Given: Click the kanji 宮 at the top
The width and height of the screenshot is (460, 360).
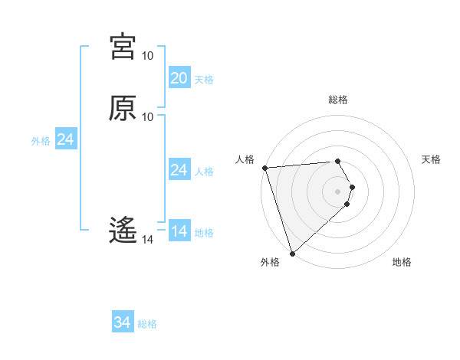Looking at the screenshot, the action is tap(123, 46).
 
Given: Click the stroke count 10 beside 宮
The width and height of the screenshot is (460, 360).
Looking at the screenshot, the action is tap(147, 56).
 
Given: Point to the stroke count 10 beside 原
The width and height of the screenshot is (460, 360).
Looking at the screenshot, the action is tap(147, 116).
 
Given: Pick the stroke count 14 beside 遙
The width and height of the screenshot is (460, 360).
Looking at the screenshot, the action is tap(147, 240).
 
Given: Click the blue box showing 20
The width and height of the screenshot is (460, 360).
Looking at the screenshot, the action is tap(179, 78).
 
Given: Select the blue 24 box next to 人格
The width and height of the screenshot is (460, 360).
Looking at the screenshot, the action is tap(179, 170).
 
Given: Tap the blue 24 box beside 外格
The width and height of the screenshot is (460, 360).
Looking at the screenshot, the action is tap(66, 140).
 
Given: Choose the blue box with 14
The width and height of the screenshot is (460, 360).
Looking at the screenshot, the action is tap(179, 231).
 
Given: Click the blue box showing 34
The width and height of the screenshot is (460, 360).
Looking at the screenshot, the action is tap(123, 323).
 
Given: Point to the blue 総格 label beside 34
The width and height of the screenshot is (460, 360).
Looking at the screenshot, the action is tap(147, 324).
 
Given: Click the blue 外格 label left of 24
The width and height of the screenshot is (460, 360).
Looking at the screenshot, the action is tap(41, 141).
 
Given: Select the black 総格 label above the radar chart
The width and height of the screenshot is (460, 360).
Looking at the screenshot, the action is tap(338, 100).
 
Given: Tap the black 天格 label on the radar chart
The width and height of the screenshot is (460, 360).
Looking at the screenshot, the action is tap(432, 159).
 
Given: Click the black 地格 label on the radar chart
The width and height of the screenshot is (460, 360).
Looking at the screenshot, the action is tap(402, 262).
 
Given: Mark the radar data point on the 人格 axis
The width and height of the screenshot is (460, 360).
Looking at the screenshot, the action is tap(264, 168).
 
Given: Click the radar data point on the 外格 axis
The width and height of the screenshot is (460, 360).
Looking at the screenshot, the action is tap(292, 253).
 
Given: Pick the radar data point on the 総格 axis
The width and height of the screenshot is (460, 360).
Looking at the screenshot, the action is tap(338, 162).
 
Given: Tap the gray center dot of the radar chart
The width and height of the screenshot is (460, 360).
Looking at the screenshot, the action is tap(338, 191).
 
